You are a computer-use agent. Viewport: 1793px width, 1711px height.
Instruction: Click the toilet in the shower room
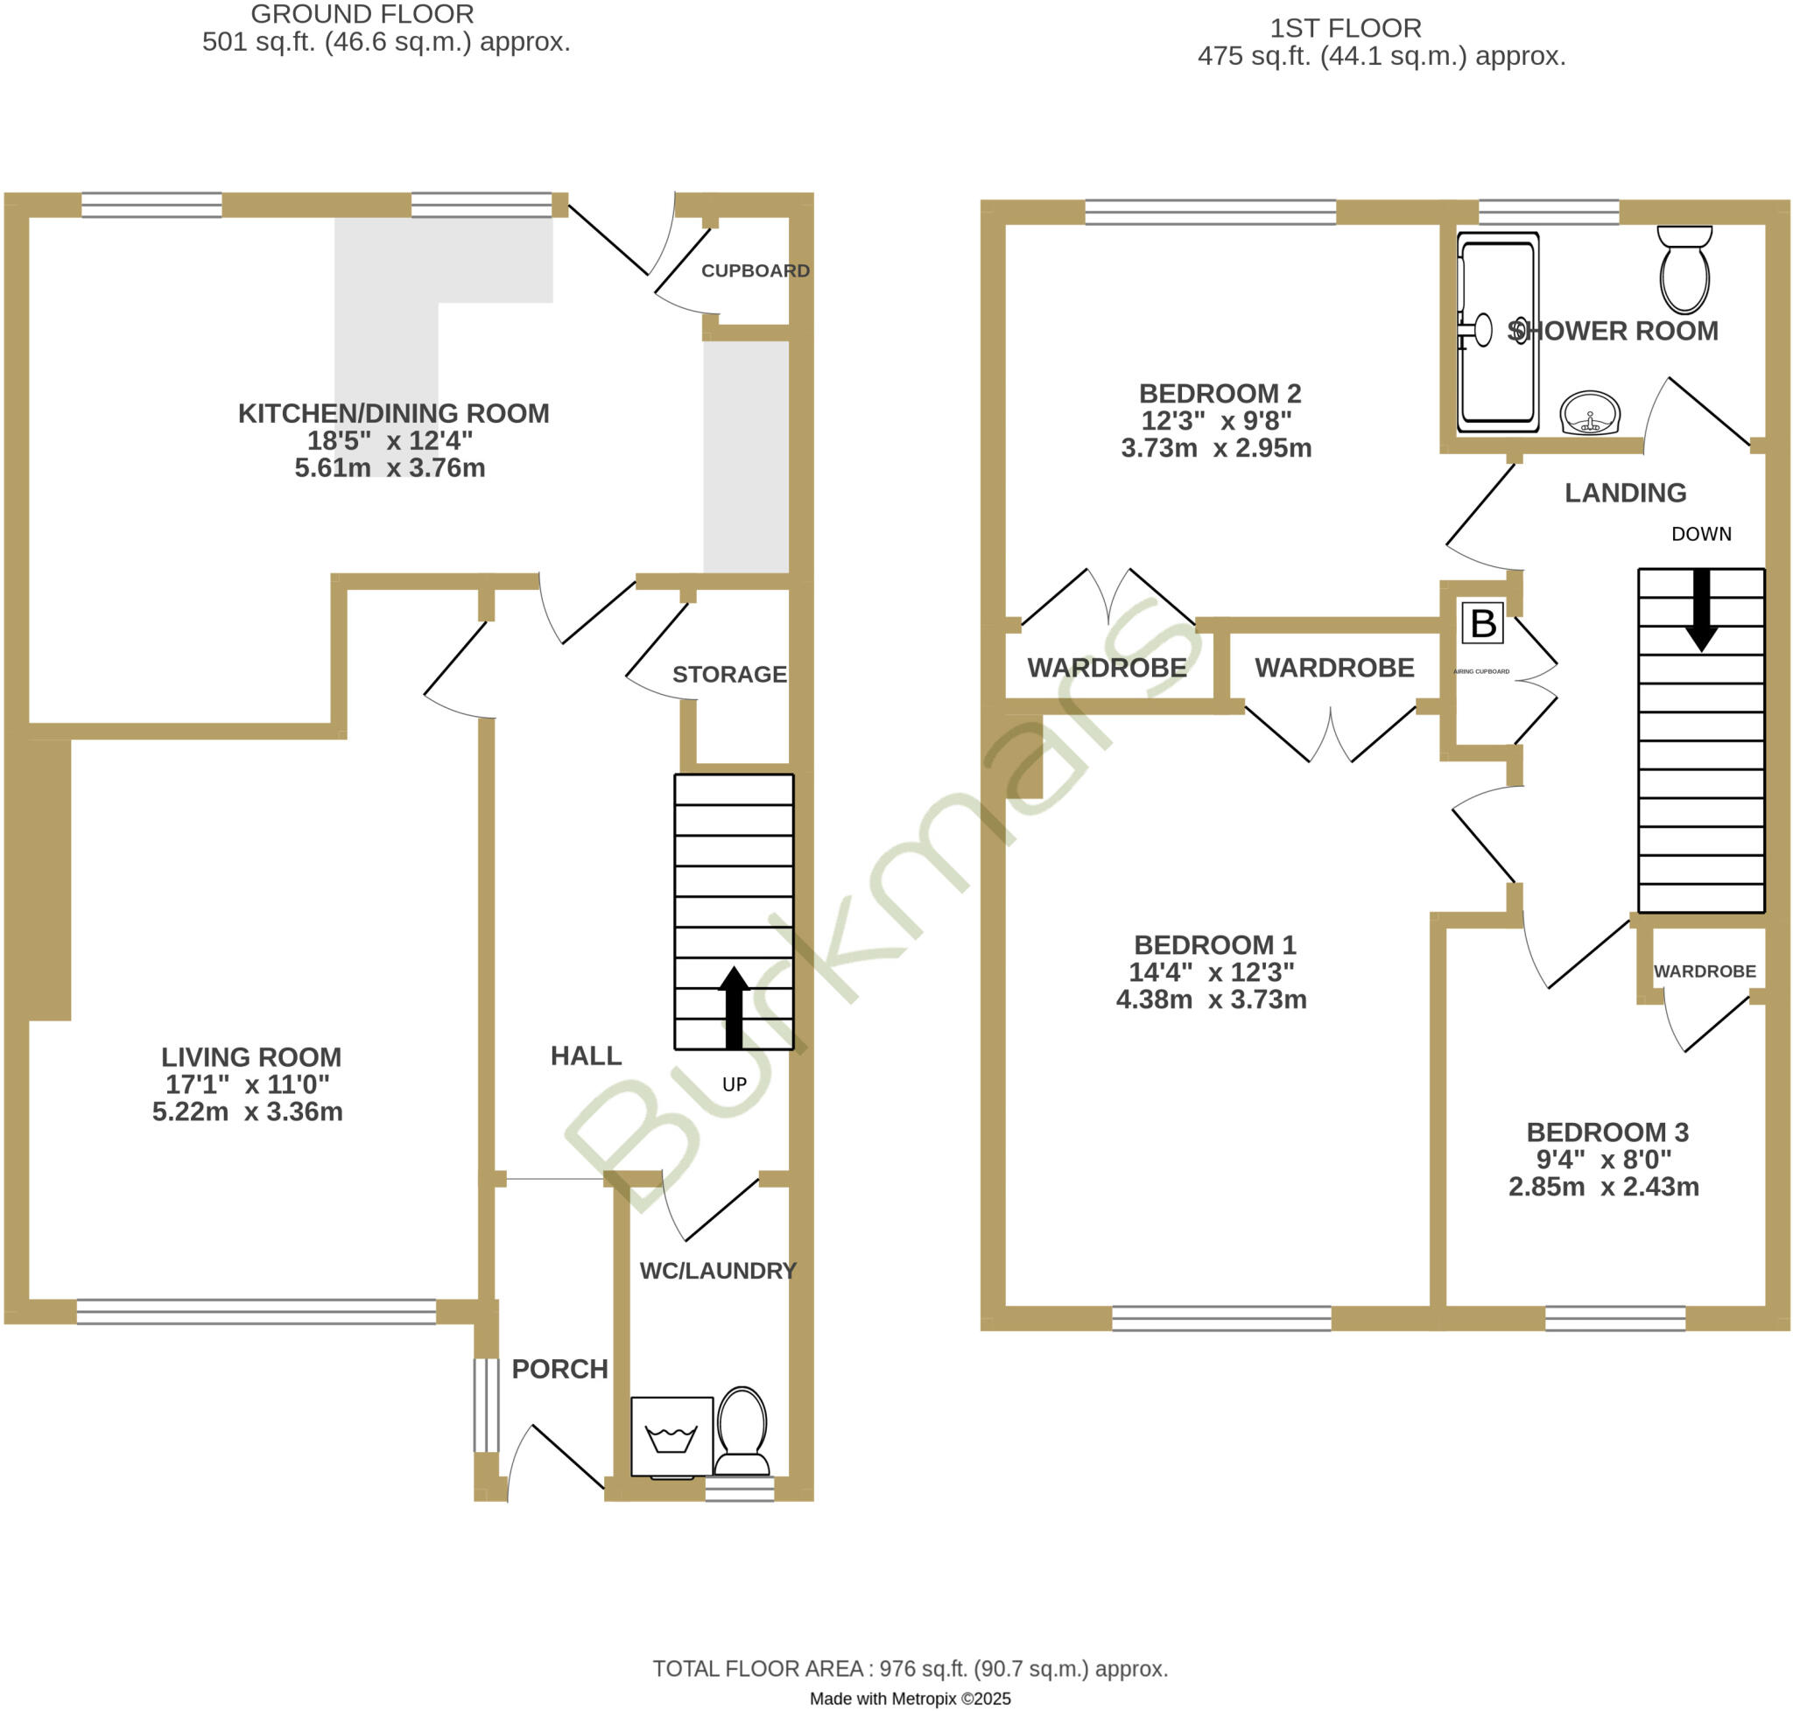click(x=1684, y=272)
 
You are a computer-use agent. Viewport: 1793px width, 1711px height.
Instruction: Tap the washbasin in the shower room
click(x=1590, y=413)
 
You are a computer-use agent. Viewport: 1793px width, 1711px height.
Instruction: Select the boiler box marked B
click(x=1483, y=623)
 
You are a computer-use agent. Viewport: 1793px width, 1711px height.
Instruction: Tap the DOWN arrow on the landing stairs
click(x=1701, y=610)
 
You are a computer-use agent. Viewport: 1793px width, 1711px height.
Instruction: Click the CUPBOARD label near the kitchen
click(x=756, y=271)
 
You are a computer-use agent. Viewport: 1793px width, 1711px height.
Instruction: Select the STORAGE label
click(x=729, y=674)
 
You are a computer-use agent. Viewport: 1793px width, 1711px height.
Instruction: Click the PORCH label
click(x=559, y=1369)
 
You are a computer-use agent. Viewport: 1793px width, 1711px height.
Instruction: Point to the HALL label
click(x=586, y=1055)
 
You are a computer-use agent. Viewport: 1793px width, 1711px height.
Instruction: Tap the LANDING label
click(x=1625, y=493)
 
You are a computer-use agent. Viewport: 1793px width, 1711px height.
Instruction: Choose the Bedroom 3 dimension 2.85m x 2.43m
click(x=1603, y=1187)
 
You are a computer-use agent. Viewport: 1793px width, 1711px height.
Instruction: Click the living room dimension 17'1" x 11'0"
click(x=247, y=1084)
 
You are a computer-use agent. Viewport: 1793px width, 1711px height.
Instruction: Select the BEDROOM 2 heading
click(x=1220, y=393)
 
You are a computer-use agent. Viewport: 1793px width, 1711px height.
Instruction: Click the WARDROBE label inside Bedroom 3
click(x=1705, y=971)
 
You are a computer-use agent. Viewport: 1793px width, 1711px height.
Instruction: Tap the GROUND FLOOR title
click(x=362, y=15)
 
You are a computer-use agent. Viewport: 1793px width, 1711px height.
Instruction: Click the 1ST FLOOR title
click(x=1345, y=28)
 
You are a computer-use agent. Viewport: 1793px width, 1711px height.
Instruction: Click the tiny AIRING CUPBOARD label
click(x=1481, y=671)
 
